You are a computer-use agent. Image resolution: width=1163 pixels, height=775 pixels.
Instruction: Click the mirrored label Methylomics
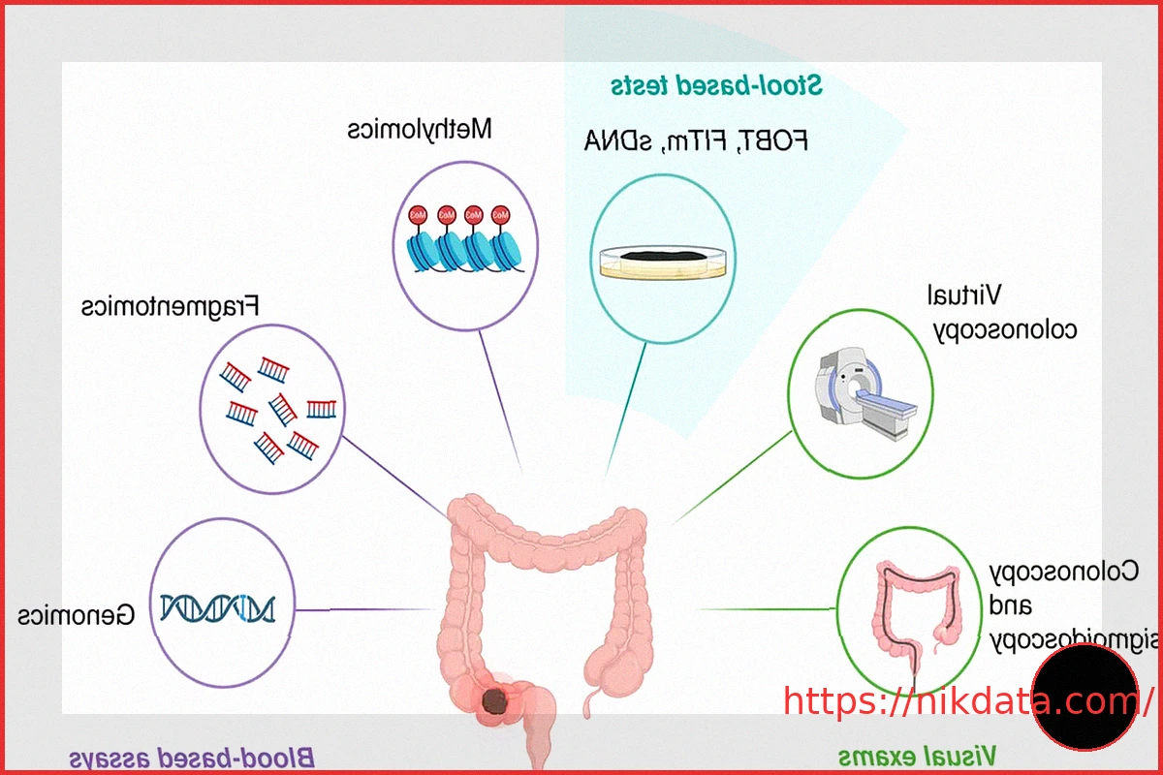[421, 129]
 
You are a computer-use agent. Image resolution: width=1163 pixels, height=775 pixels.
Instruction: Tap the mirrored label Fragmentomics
[171, 307]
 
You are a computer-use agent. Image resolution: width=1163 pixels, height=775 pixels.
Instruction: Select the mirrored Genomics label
[77, 613]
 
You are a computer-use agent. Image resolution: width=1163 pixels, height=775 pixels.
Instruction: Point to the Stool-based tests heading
[716, 85]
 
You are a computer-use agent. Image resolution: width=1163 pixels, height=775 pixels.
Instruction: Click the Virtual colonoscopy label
[1004, 311]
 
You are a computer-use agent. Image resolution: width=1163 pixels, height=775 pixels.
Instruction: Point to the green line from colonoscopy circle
[766, 609]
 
